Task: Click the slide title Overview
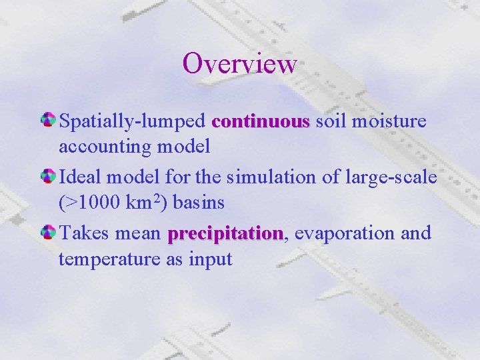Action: (239, 63)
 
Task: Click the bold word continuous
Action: (261, 122)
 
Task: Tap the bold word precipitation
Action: (225, 234)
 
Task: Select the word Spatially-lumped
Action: (132, 123)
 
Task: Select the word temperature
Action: (109, 259)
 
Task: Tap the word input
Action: (212, 259)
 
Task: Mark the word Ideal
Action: (82, 178)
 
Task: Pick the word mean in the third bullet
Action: (137, 234)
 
